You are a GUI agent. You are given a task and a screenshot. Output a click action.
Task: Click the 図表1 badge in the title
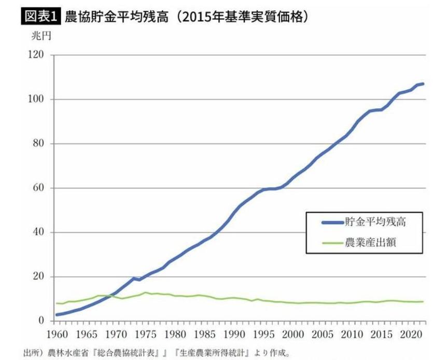click(40, 17)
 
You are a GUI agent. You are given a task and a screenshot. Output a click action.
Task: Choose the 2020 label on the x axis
click(412, 333)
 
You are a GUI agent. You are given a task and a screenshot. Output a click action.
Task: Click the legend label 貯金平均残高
click(374, 222)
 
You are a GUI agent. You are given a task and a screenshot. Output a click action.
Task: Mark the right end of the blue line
click(424, 84)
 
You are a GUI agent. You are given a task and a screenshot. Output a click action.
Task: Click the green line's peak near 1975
click(146, 293)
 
